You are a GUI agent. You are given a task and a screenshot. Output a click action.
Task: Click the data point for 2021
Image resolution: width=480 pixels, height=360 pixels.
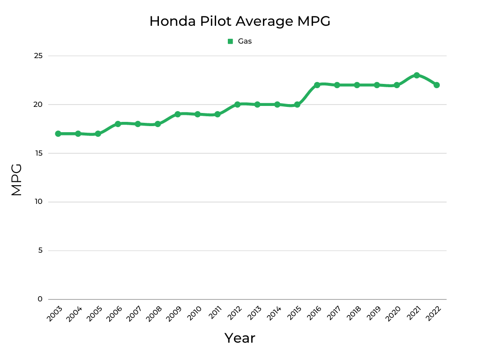[x=416, y=75]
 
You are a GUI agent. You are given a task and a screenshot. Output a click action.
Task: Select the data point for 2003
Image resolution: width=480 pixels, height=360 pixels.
[x=58, y=134]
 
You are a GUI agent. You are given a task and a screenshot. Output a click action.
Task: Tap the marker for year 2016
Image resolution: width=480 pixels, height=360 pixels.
[x=317, y=85]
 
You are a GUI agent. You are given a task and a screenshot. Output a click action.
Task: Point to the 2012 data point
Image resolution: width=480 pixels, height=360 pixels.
[x=237, y=105]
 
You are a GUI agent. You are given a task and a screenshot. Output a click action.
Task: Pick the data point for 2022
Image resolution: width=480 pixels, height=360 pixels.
[x=436, y=85]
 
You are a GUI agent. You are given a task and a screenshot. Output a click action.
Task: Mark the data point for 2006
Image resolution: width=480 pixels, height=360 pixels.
[x=118, y=124]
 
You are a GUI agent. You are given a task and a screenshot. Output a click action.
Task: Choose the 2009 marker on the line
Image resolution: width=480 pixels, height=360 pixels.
[x=178, y=114]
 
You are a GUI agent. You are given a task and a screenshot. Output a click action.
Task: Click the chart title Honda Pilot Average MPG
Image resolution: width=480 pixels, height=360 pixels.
[x=240, y=22]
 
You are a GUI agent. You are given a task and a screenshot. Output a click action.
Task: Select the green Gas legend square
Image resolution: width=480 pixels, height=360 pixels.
[x=230, y=41]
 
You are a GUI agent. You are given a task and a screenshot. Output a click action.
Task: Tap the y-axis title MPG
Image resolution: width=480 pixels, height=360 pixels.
[x=17, y=180]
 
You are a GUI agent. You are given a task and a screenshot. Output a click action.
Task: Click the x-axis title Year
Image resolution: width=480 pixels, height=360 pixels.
[x=240, y=338]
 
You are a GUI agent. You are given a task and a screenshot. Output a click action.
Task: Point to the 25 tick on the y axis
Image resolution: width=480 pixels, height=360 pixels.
[x=38, y=56]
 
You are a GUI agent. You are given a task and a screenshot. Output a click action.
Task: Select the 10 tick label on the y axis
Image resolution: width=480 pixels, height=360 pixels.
[x=38, y=202]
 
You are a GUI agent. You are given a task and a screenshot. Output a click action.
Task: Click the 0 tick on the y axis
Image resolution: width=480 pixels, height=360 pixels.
[x=40, y=299]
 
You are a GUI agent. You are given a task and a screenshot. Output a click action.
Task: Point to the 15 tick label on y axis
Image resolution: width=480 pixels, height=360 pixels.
[x=38, y=153]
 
